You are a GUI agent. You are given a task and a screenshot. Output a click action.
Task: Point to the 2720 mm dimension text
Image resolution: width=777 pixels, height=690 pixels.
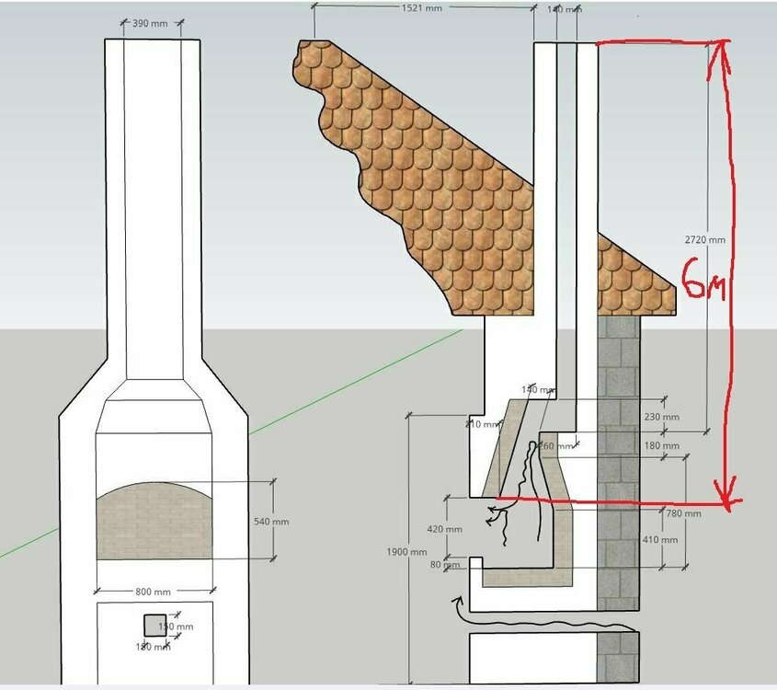(x=705, y=240)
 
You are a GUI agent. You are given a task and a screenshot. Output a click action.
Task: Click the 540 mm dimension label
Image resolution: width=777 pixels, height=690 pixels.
(x=270, y=522)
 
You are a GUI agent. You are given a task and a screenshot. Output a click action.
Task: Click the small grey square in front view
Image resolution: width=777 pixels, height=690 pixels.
(x=155, y=626)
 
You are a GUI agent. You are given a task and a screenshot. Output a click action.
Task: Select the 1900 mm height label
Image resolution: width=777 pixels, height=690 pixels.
(x=406, y=552)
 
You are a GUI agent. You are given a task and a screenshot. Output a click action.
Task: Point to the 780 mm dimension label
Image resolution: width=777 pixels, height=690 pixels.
(x=683, y=513)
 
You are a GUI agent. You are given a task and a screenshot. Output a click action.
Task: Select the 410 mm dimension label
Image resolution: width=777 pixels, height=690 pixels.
(x=659, y=539)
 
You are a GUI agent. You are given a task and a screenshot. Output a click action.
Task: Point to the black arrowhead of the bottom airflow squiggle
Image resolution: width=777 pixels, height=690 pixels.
(x=457, y=603)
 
